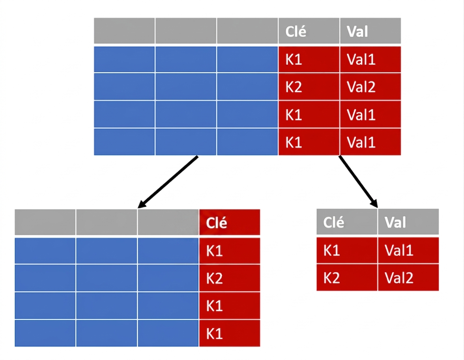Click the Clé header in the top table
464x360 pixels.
[x=309, y=31]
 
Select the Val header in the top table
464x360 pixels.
[x=370, y=31]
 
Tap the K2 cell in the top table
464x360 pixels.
[x=309, y=87]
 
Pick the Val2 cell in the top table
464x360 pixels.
[x=370, y=87]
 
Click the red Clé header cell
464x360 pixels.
[x=230, y=222]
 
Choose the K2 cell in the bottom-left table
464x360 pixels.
[x=230, y=278]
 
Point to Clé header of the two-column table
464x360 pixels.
[x=347, y=222]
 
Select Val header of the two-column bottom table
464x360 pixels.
[x=408, y=222]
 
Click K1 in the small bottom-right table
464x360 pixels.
[x=347, y=250]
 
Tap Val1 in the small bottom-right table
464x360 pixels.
[x=408, y=250]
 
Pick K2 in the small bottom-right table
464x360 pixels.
[x=347, y=278]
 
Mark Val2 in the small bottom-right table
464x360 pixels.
[x=408, y=278]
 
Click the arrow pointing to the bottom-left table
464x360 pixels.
[x=168, y=182]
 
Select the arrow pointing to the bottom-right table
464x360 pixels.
[x=358, y=181]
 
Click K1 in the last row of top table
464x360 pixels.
[x=309, y=142]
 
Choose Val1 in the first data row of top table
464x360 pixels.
[x=370, y=59]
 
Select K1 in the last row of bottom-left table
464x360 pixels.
[x=230, y=334]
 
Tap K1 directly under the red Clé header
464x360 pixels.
[x=230, y=251]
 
